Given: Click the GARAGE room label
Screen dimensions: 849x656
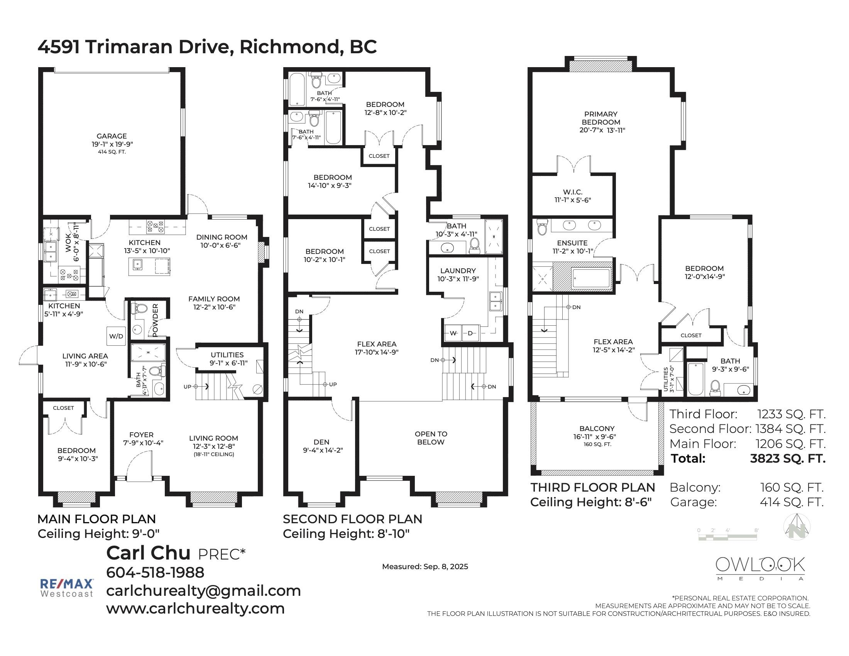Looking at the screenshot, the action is pos(112,136).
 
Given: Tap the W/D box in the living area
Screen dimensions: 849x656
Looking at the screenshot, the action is pos(116,336).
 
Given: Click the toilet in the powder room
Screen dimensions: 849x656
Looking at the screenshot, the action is pos(140,309).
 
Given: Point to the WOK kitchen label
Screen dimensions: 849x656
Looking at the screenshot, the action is pos(70,243).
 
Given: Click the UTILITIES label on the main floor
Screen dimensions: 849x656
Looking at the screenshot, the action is pos(227,355).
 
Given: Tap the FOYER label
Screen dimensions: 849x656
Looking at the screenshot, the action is pos(142,435).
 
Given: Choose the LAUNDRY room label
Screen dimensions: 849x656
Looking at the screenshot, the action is pos(458,271).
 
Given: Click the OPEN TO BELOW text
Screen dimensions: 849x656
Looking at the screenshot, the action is pos(431,438).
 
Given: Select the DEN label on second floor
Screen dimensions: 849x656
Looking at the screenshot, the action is pos(321,442).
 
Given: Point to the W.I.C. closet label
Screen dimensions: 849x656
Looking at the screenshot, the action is pos(573,192).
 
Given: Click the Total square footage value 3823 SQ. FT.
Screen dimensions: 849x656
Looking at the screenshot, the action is pos(788,458).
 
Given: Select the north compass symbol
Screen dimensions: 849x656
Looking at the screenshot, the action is pos(797,526).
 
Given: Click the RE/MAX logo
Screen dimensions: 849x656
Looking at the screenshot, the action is pos(67,588).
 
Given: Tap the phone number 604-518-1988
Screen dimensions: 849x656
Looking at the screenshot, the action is pos(155,572).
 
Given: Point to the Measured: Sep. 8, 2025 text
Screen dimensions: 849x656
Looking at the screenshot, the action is pos(425,566).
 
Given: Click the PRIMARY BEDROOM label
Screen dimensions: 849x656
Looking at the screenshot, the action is pos(600,118).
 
